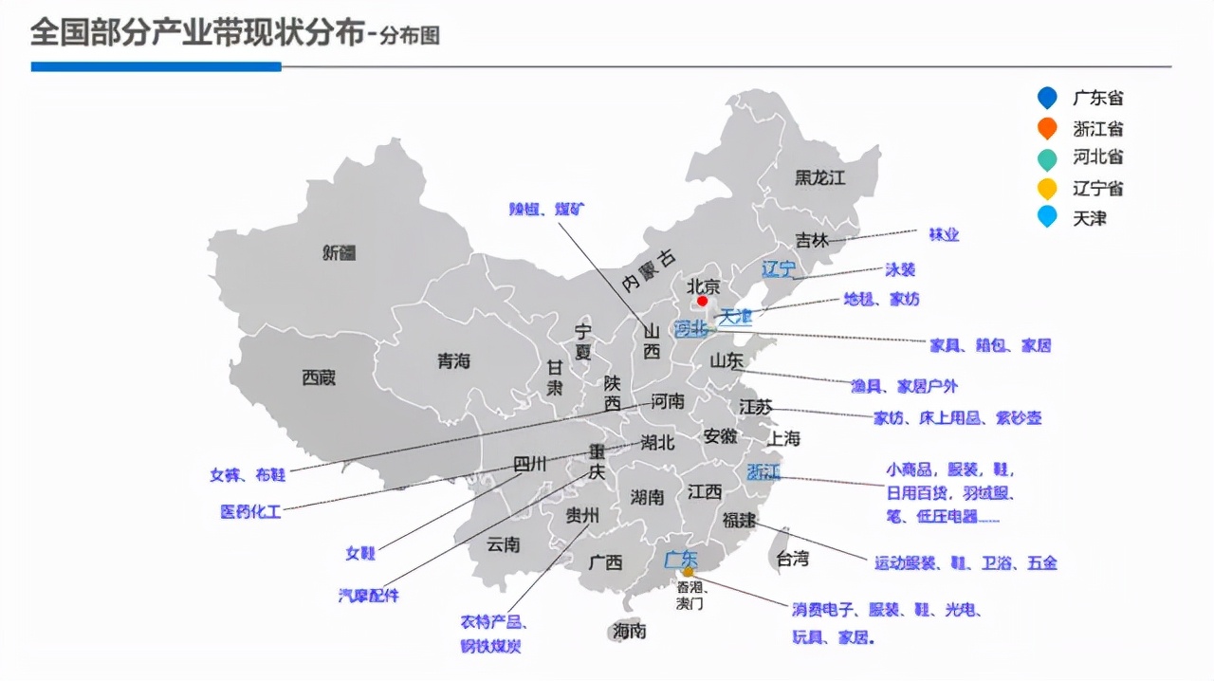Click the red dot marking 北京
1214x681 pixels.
click(702, 301)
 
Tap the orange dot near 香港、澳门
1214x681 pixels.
click(689, 571)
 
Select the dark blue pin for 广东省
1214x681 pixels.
click(1047, 98)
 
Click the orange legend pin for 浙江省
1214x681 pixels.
click(1047, 128)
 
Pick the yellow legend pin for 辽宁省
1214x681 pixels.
click(1047, 188)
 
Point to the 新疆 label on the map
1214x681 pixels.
click(339, 252)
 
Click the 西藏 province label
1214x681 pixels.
click(319, 377)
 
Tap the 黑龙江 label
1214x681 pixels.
click(819, 177)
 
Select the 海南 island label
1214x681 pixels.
click(629, 631)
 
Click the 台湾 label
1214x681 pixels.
click(792, 558)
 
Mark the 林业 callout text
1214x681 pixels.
click(944, 234)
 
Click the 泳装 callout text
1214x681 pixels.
click(900, 269)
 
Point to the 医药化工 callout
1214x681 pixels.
click(250, 511)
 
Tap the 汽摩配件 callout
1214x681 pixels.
click(369, 596)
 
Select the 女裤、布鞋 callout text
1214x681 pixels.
click(248, 474)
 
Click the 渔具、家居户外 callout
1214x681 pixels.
click(904, 386)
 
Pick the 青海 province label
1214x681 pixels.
click(453, 361)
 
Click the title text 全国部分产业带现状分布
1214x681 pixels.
click(197, 34)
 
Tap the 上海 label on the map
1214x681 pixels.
click(783, 438)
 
